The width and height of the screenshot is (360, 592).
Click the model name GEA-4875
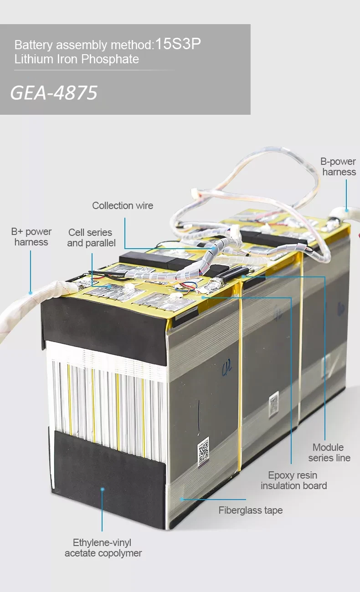54,92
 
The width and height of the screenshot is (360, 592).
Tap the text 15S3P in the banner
178,44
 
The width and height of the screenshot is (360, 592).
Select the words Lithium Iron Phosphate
77,59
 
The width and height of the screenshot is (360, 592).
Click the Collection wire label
123,205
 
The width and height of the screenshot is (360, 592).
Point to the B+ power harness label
31,237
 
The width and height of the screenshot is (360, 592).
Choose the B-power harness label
339,167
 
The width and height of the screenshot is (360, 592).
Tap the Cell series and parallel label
91,238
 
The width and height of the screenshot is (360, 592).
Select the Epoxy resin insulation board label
293,480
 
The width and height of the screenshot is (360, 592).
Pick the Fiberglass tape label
250,510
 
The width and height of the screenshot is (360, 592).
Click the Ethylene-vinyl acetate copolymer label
103,548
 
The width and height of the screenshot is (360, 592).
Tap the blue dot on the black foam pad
103,489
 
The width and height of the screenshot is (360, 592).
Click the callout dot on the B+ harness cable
31,293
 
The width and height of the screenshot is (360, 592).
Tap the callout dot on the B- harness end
346,210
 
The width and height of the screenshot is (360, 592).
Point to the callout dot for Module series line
245,276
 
